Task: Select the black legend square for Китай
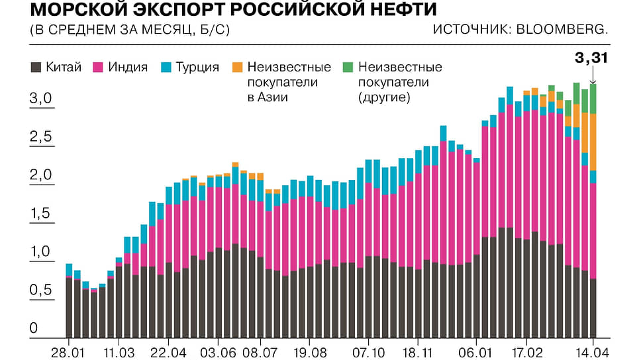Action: point(36,67)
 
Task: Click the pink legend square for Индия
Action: point(97,67)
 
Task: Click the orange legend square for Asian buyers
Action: point(238,67)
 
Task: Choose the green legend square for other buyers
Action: point(348,67)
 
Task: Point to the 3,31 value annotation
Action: point(591,58)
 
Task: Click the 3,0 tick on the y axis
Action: point(40,99)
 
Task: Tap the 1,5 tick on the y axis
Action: point(40,214)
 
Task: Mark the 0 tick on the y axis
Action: point(34,328)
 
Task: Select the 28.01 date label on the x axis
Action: point(68,350)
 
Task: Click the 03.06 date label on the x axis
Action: point(219,350)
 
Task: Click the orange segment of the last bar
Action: point(593,142)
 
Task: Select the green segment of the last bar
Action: point(593,99)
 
